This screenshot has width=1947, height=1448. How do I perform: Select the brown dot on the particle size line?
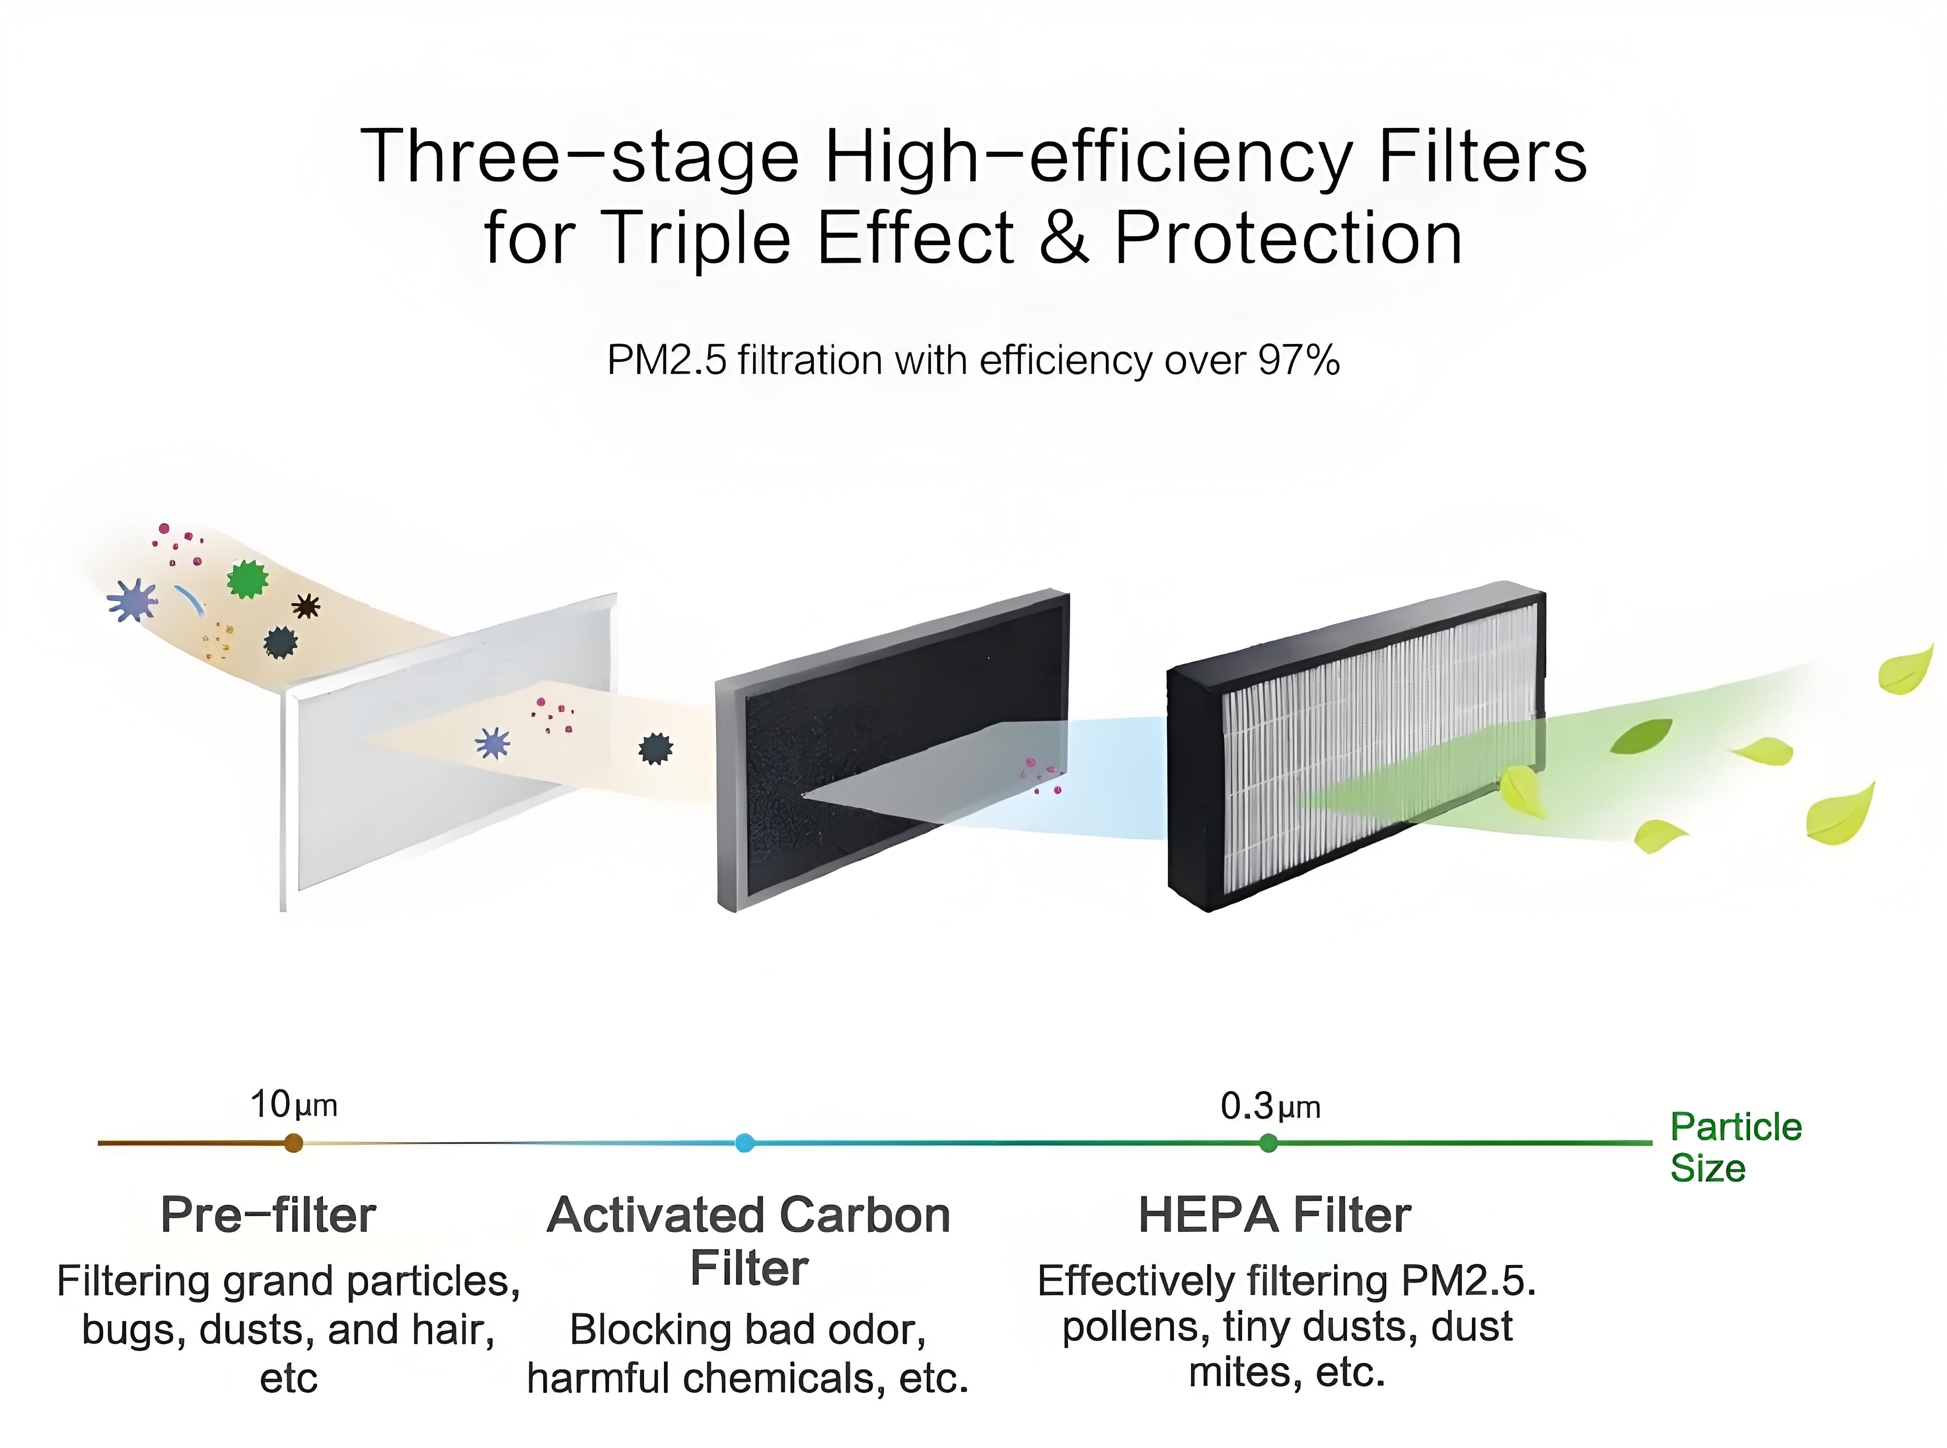pyautogui.click(x=294, y=1143)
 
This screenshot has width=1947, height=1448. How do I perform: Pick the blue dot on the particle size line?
pyautogui.click(x=744, y=1143)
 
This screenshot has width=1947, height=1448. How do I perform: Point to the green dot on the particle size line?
pyautogui.click(x=1267, y=1143)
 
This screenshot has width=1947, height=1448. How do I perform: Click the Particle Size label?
pyautogui.click(x=1736, y=1147)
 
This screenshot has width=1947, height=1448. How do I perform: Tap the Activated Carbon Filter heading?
pyautogui.click(x=749, y=1241)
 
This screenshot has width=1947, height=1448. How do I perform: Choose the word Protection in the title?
pyautogui.click(x=1288, y=238)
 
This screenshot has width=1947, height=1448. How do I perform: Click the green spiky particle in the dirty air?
pyautogui.click(x=248, y=579)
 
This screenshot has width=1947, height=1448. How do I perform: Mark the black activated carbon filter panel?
pyautogui.click(x=892, y=750)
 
